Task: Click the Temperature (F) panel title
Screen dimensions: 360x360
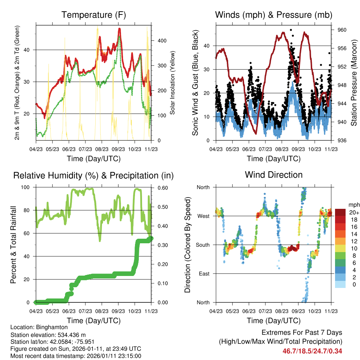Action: tap(94, 15)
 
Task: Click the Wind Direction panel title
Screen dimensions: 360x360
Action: tap(274, 175)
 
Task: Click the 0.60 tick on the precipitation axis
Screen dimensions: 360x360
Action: tap(162, 187)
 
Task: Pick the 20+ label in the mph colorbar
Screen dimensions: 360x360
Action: tap(353, 212)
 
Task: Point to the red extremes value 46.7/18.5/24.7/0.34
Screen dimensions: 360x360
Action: tap(312, 351)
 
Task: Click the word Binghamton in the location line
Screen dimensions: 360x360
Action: tap(54, 327)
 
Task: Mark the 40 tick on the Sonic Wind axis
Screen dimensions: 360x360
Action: tap(207, 46)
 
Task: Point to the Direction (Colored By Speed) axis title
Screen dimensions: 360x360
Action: tap(188, 245)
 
